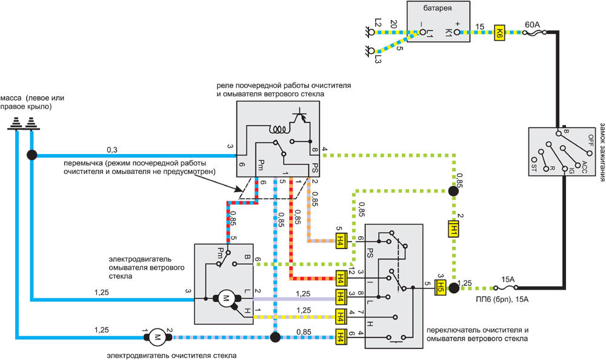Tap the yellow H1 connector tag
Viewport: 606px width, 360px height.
pos(453,228)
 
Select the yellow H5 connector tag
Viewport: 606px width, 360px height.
pos(441,288)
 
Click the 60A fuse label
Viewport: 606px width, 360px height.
pos(532,25)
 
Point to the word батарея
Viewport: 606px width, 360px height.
pos(438,8)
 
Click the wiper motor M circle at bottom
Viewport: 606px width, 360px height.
pos(158,337)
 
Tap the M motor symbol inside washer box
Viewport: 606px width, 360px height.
pos(225,298)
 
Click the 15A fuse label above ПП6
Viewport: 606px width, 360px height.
pos(508,279)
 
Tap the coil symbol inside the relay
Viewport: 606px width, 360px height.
pos(279,128)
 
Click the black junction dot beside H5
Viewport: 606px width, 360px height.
pos(454,288)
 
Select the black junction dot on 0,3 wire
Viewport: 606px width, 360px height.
pos(32,155)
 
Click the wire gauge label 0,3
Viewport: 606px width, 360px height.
pos(112,150)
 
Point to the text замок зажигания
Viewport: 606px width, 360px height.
pos(602,152)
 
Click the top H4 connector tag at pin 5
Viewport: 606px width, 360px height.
pos(341,242)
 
